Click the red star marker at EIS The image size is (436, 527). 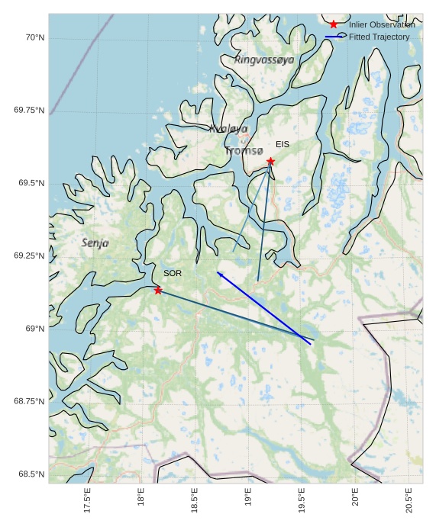pos(270,161)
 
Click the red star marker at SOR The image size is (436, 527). pos(158,290)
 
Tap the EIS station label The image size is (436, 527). pos(283,144)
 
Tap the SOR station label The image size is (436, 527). pos(173,273)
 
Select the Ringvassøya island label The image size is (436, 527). pos(264,59)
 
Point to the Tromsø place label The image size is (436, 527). pos(244,151)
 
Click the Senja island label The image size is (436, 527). pos(95,243)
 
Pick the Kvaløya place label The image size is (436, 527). pos(228,129)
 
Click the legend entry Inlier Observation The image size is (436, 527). pos(382,25)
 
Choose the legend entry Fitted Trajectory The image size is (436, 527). pos(379,37)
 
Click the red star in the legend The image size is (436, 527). pos(334,25)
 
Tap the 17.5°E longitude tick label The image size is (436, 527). pos(88,500)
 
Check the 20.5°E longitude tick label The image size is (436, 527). pos(409,500)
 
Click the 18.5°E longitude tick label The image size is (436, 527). pos(195,500)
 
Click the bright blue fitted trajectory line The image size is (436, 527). pos(263,308)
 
